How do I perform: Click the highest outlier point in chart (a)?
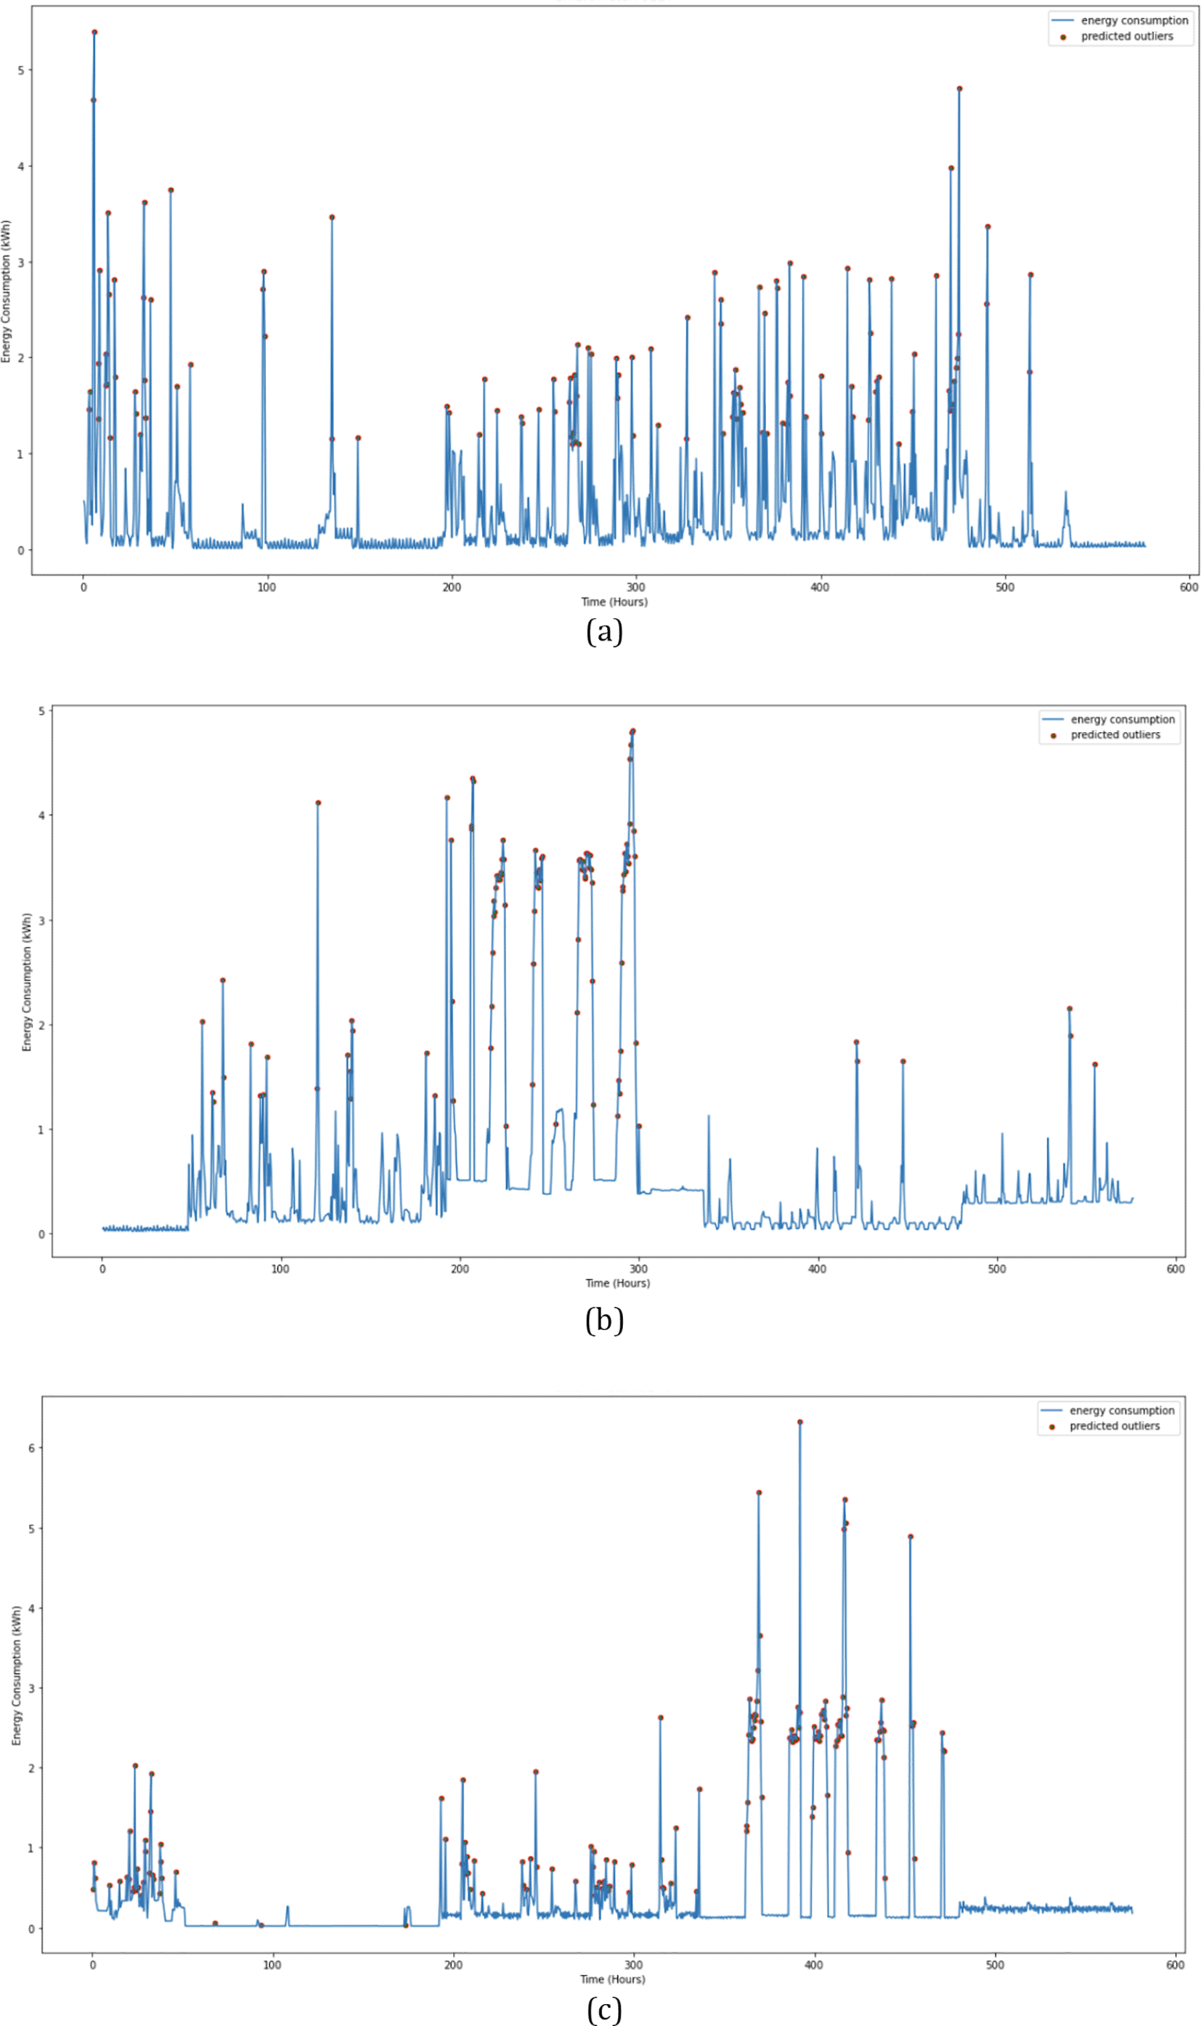[x=94, y=33]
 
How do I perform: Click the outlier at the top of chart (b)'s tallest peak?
[x=633, y=731]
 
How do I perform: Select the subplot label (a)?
[x=603, y=631]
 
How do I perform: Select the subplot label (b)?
[x=603, y=1319]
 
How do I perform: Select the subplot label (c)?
[x=603, y=2009]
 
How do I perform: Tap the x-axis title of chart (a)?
[x=614, y=601]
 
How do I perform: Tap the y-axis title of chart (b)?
[x=27, y=982]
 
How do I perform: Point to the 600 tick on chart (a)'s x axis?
[x=1188, y=587]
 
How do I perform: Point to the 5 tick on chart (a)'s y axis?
[x=21, y=70]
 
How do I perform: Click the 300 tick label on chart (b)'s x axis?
[x=638, y=1268]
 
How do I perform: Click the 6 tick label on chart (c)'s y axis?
[x=31, y=1447]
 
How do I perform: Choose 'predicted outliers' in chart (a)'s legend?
[x=1126, y=36]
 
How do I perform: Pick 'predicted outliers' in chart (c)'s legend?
[x=1115, y=1425]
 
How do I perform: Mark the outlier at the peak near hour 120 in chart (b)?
[x=318, y=802]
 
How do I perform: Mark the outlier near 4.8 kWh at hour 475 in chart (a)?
[x=959, y=89]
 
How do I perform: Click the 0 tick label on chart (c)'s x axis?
[x=92, y=1964]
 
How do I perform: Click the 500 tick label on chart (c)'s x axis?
[x=995, y=1964]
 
